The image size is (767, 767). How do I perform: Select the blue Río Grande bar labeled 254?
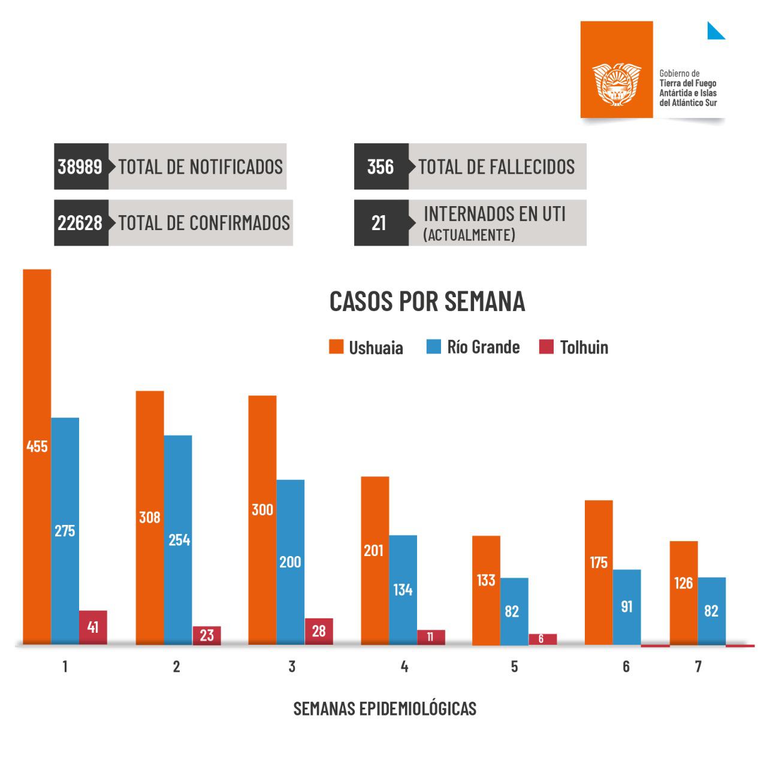(x=178, y=539)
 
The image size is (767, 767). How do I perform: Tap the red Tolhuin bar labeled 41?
(x=93, y=627)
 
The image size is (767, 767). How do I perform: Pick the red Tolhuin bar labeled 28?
(x=319, y=631)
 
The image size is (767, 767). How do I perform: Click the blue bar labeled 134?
(x=403, y=590)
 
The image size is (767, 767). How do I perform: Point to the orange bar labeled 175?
(x=599, y=572)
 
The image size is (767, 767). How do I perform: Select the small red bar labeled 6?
(x=542, y=639)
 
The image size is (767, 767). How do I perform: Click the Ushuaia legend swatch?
(x=336, y=347)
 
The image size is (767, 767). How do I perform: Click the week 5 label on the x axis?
(x=515, y=666)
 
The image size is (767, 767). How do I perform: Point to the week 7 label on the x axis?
(x=698, y=666)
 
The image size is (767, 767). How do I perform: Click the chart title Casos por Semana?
(x=427, y=301)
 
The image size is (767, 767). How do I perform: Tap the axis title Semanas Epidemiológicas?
(x=385, y=708)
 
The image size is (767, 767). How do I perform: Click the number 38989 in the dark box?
(x=80, y=167)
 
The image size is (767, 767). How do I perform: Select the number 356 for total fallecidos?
(x=381, y=167)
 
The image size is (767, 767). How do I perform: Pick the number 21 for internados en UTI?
(x=379, y=223)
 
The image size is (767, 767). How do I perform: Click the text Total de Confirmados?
(x=204, y=223)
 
